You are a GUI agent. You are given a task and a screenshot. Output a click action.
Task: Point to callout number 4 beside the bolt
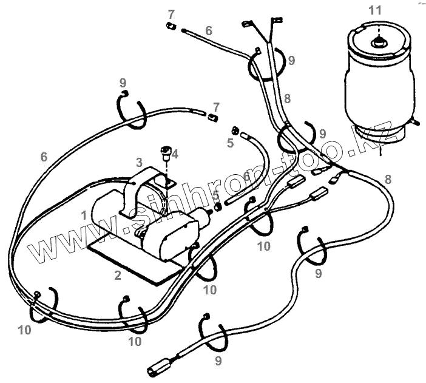175,154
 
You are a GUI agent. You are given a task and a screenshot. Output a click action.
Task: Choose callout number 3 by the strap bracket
139,162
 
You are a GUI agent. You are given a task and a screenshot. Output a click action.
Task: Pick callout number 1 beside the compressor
83,215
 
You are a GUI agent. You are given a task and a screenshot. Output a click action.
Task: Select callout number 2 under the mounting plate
117,275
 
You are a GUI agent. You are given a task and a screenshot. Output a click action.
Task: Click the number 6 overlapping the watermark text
246,176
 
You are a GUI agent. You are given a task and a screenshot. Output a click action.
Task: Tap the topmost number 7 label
171,13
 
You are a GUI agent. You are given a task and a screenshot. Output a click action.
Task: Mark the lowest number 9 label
218,362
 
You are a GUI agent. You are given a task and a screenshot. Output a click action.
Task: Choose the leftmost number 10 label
24,330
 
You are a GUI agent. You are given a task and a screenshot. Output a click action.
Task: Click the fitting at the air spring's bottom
415,121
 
